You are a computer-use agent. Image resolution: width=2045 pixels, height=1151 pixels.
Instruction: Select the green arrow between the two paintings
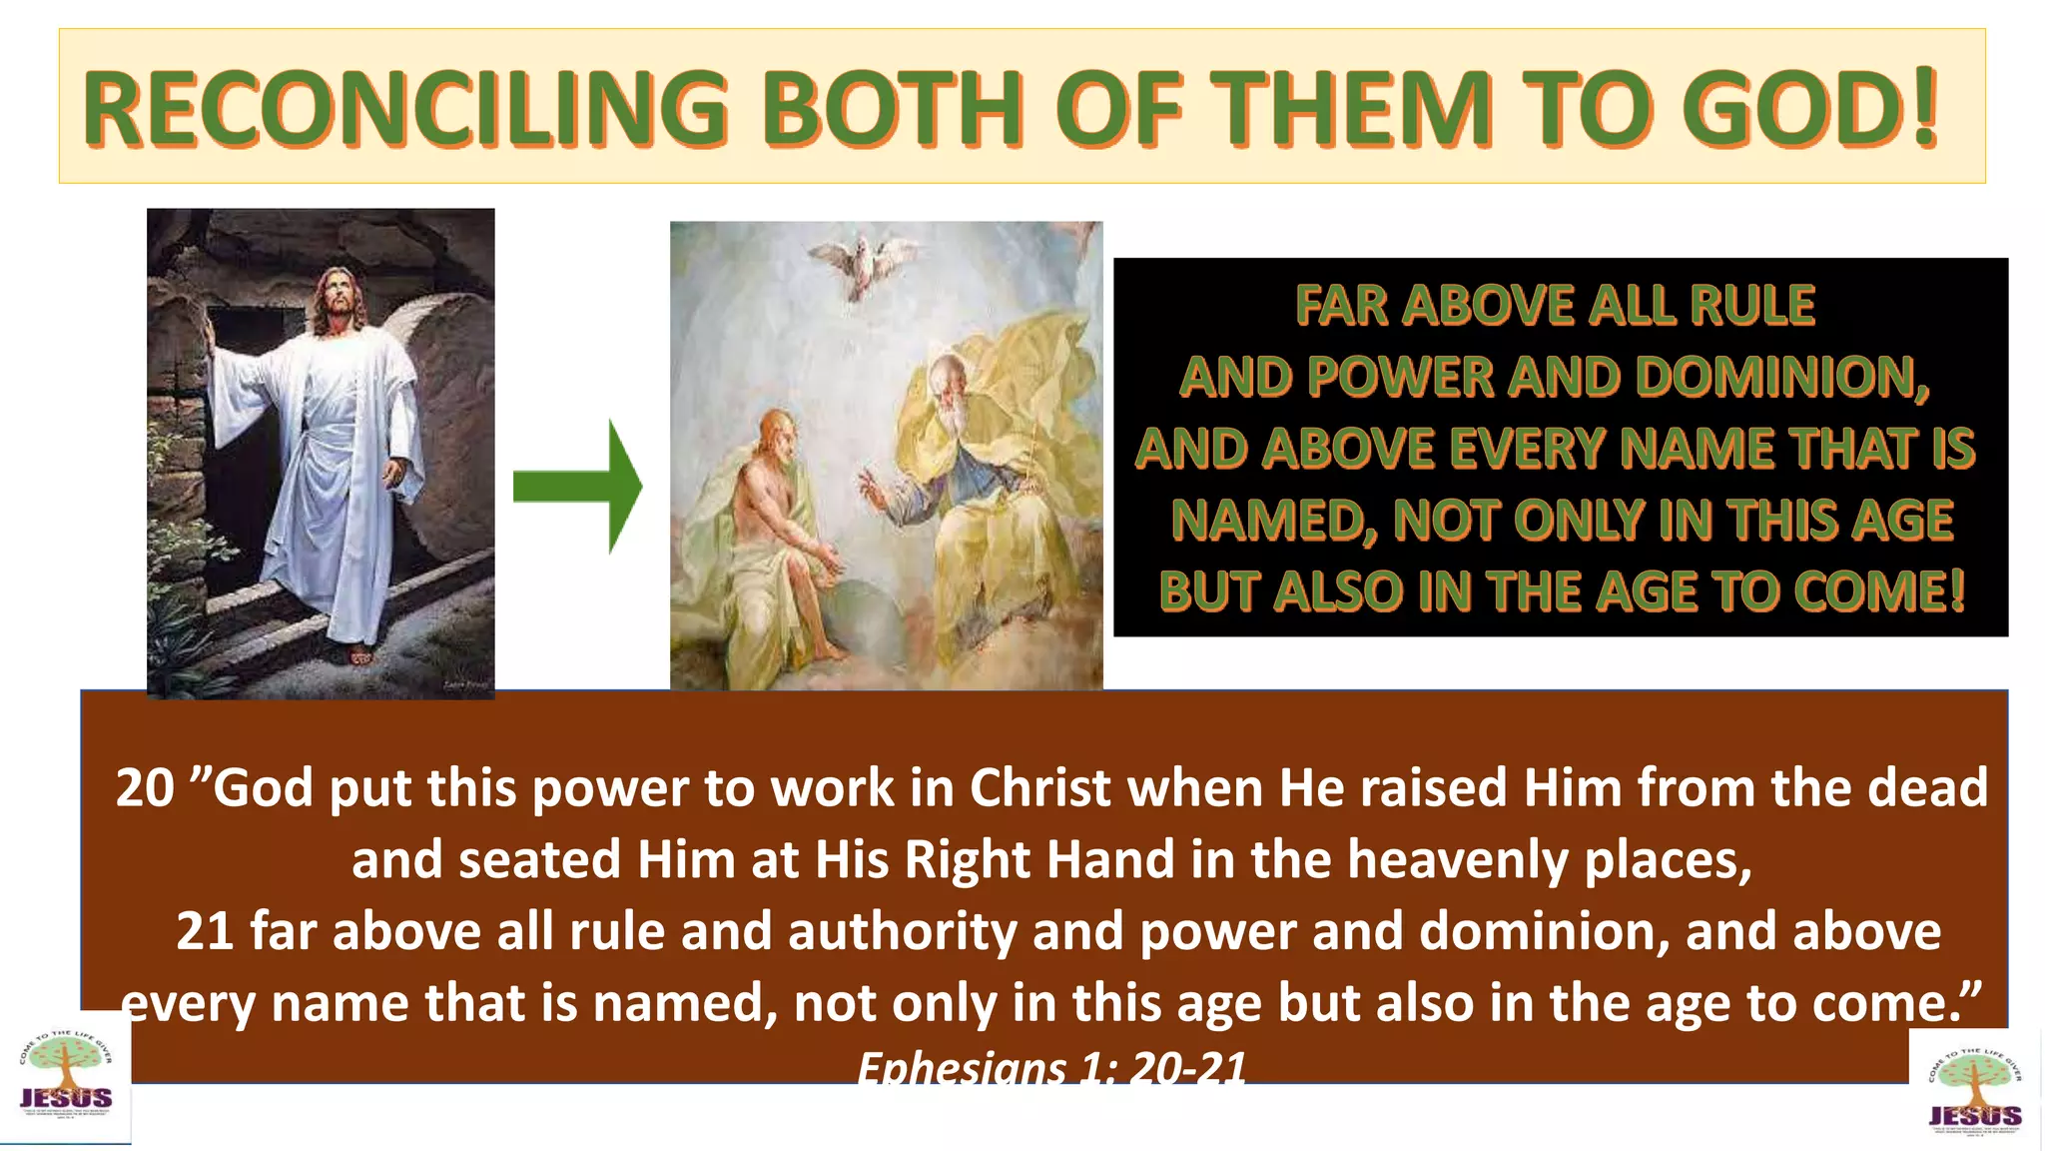(x=579, y=487)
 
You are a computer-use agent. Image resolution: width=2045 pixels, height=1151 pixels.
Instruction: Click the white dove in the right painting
(x=861, y=261)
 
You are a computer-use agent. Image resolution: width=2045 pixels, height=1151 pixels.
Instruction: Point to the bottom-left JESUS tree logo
(x=66, y=1080)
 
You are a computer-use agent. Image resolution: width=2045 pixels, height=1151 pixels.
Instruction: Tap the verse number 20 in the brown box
(x=145, y=788)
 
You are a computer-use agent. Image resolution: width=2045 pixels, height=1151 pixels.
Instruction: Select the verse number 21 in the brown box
(x=205, y=931)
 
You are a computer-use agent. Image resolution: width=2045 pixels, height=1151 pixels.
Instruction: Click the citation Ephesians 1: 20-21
(x=1051, y=1068)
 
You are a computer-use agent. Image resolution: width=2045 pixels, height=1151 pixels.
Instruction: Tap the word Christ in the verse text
(x=1040, y=788)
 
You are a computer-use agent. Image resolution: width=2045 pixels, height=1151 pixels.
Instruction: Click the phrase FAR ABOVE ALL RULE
(x=1555, y=306)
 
